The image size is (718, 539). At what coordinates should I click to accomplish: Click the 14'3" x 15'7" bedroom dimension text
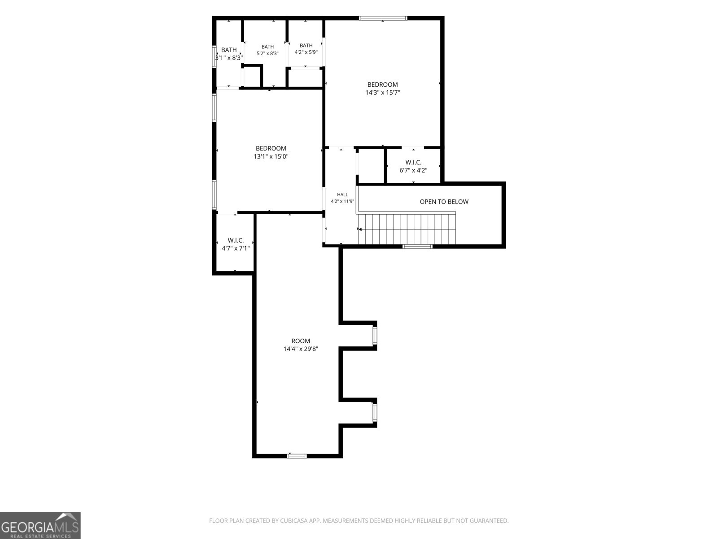382,93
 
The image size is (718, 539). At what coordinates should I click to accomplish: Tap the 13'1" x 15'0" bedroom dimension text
271,156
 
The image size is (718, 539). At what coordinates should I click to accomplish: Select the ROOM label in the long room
301,340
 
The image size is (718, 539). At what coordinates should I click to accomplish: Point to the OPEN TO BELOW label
444,202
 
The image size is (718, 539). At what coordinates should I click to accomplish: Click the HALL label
342,195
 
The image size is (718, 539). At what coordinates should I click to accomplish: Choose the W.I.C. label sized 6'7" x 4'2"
413,162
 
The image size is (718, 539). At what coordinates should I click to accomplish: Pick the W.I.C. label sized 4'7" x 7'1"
236,241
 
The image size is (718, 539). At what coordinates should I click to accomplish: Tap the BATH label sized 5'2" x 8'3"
267,47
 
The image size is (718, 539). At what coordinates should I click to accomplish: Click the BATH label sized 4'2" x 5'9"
306,45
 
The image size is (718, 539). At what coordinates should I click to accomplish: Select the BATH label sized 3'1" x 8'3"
229,50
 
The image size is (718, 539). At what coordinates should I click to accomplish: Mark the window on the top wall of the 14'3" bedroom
383,18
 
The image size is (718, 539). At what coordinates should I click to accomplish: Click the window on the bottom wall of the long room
297,456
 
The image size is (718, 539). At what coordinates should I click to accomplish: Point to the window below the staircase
417,247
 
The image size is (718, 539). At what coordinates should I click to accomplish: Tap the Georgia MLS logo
40,526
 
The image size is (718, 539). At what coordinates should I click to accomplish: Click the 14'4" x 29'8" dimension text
301,349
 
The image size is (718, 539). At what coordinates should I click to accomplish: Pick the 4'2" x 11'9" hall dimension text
342,201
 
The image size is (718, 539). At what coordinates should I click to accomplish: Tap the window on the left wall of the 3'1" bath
215,57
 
